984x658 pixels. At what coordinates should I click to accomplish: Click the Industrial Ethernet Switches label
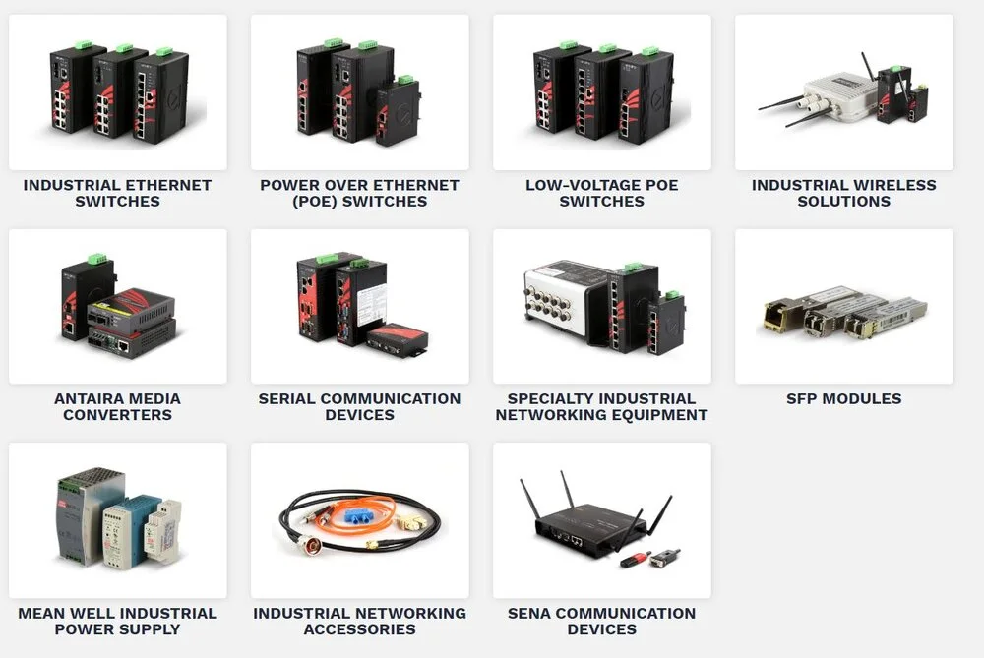coord(117,193)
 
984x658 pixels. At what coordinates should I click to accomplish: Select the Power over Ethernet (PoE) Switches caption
coord(359,193)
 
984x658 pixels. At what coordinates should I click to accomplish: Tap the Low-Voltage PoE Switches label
coord(601,193)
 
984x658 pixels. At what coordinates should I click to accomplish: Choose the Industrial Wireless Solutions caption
coord(843,193)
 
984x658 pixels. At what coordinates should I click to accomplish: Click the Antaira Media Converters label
coord(117,406)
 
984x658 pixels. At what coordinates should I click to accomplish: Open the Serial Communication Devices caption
coord(359,406)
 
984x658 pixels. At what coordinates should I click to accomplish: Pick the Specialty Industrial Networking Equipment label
coord(601,406)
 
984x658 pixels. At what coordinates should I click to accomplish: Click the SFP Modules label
coord(843,398)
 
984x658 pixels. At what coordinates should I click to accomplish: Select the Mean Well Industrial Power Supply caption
coord(117,621)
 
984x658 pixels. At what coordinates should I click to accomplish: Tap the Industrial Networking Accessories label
coord(359,621)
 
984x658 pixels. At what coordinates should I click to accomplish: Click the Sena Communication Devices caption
coord(601,621)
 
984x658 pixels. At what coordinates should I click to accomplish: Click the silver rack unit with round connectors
coord(561,305)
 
